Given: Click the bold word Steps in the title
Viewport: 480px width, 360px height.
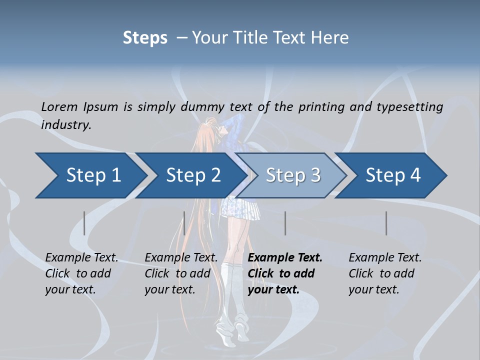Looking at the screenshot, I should coord(145,38).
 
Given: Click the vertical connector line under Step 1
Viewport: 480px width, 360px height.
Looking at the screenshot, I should coord(84,223).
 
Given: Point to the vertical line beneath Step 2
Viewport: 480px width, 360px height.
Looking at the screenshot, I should coord(184,223).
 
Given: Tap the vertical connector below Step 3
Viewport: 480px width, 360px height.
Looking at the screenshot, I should coord(285,223).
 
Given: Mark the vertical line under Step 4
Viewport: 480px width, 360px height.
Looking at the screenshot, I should coord(386,223).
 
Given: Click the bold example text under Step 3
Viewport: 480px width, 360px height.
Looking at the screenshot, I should coord(285,273).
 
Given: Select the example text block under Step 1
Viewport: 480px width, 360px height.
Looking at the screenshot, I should coord(81,273).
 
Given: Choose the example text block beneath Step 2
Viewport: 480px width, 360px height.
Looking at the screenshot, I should coord(181,273).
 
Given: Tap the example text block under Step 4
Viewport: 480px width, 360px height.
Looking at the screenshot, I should coord(385,273).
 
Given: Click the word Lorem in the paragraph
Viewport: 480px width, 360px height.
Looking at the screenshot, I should coord(59,106).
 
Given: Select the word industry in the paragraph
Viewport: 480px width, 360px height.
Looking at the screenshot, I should coord(65,125).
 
